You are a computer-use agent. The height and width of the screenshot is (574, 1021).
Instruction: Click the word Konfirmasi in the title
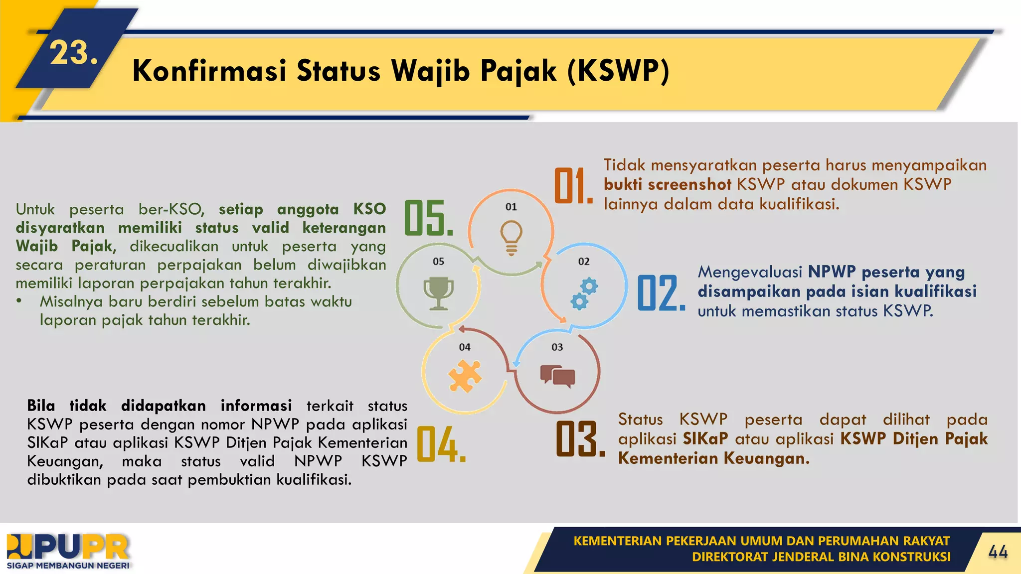(209, 70)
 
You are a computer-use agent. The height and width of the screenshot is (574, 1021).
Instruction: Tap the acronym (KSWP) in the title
(618, 70)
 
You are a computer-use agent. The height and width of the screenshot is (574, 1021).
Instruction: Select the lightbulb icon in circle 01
(511, 237)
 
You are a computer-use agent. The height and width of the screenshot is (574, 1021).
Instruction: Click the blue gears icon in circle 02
(584, 294)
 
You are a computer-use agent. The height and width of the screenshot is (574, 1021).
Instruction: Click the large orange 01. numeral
(573, 186)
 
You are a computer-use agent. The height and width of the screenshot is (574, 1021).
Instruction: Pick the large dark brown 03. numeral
(580, 439)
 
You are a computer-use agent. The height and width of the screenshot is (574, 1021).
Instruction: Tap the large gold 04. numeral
(441, 444)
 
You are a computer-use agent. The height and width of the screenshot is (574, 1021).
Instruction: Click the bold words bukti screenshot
(667, 184)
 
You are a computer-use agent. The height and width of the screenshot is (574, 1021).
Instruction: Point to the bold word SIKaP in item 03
(705, 438)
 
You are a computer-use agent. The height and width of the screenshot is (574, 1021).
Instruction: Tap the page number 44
(998, 552)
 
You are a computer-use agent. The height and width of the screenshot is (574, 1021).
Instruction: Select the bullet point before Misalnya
(19, 301)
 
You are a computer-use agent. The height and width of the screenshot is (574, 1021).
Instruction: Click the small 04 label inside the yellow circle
(465, 347)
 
